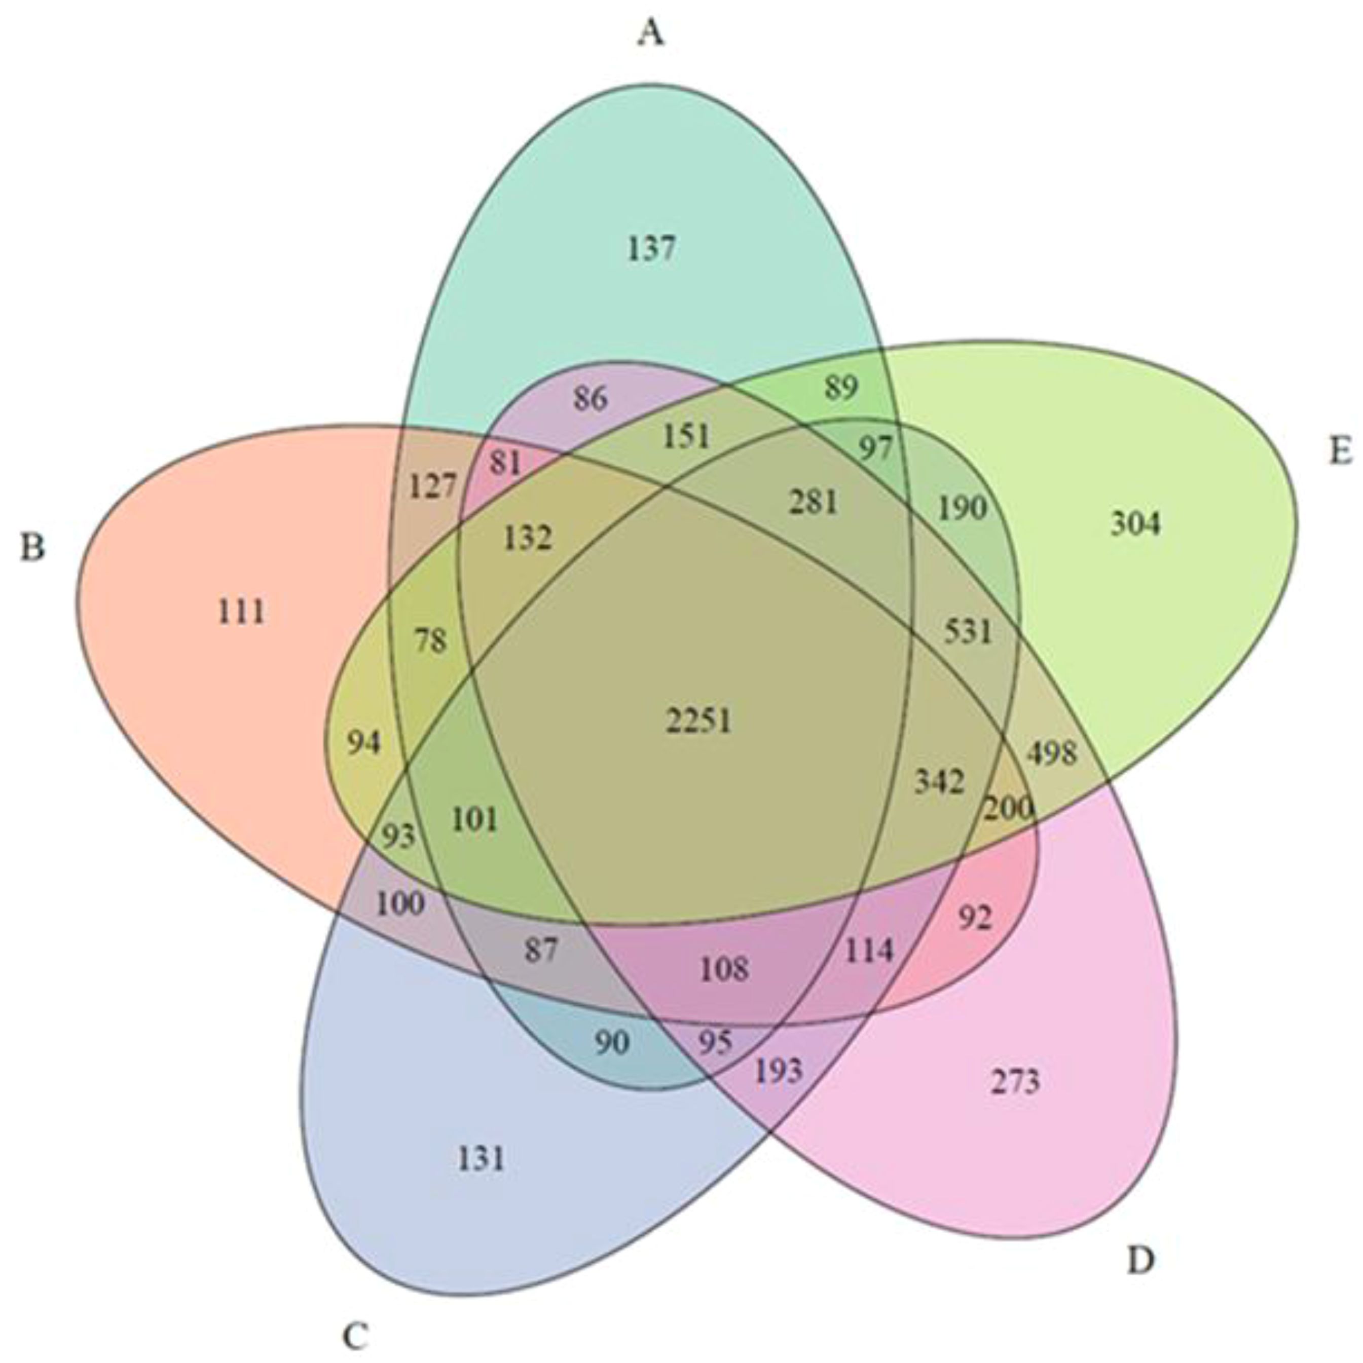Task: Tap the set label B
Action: point(32,547)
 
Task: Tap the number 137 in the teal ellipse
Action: point(651,249)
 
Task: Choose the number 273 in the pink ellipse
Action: point(1015,1081)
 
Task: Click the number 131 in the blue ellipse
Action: point(482,1158)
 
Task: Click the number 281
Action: point(814,502)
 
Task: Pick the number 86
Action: point(590,399)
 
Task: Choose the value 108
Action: point(724,969)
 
